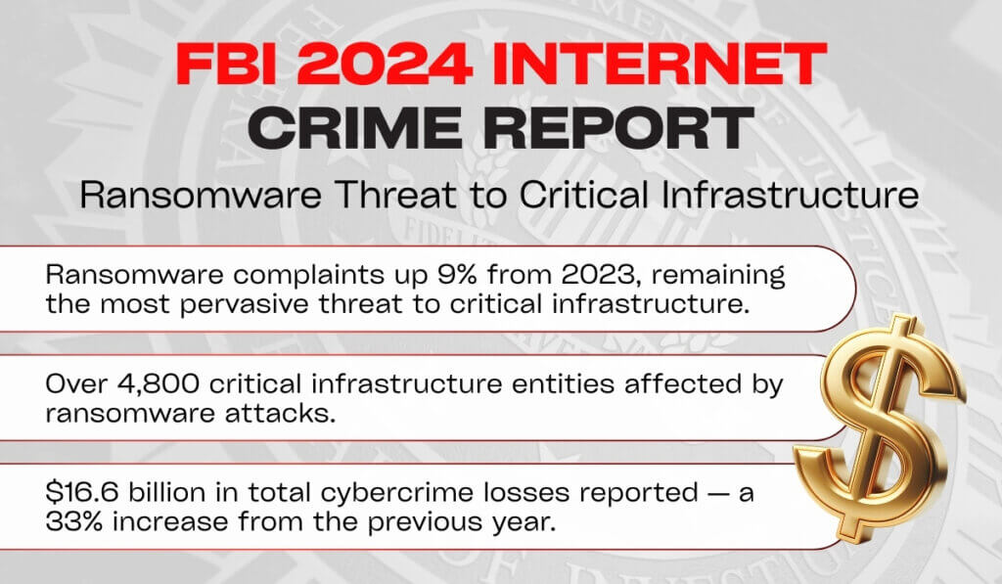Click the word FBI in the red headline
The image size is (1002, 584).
pos(226,64)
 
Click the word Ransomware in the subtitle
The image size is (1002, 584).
pos(200,195)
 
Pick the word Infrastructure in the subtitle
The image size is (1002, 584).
pos(790,195)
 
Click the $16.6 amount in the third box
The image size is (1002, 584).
pos(83,493)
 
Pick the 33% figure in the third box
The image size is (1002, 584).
pos(74,522)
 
